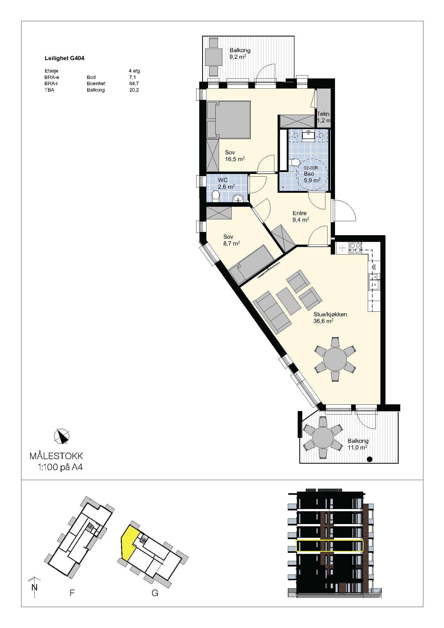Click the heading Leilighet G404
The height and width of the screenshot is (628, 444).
[64, 58]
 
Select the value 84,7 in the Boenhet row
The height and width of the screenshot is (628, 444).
[134, 84]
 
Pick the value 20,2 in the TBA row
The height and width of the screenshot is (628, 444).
[134, 90]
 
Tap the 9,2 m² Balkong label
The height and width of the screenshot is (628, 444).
[240, 54]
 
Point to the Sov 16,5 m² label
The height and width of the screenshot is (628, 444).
[235, 156]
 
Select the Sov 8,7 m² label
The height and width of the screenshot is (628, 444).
[232, 240]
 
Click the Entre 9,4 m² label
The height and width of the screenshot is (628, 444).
[301, 216]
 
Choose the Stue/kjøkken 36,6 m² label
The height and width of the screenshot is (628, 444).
[330, 318]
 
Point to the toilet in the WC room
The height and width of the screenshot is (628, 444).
[216, 196]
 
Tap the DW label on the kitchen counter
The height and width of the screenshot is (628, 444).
[374, 267]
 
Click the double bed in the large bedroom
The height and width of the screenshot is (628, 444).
[228, 119]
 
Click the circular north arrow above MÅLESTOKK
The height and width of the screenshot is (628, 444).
[62, 436]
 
